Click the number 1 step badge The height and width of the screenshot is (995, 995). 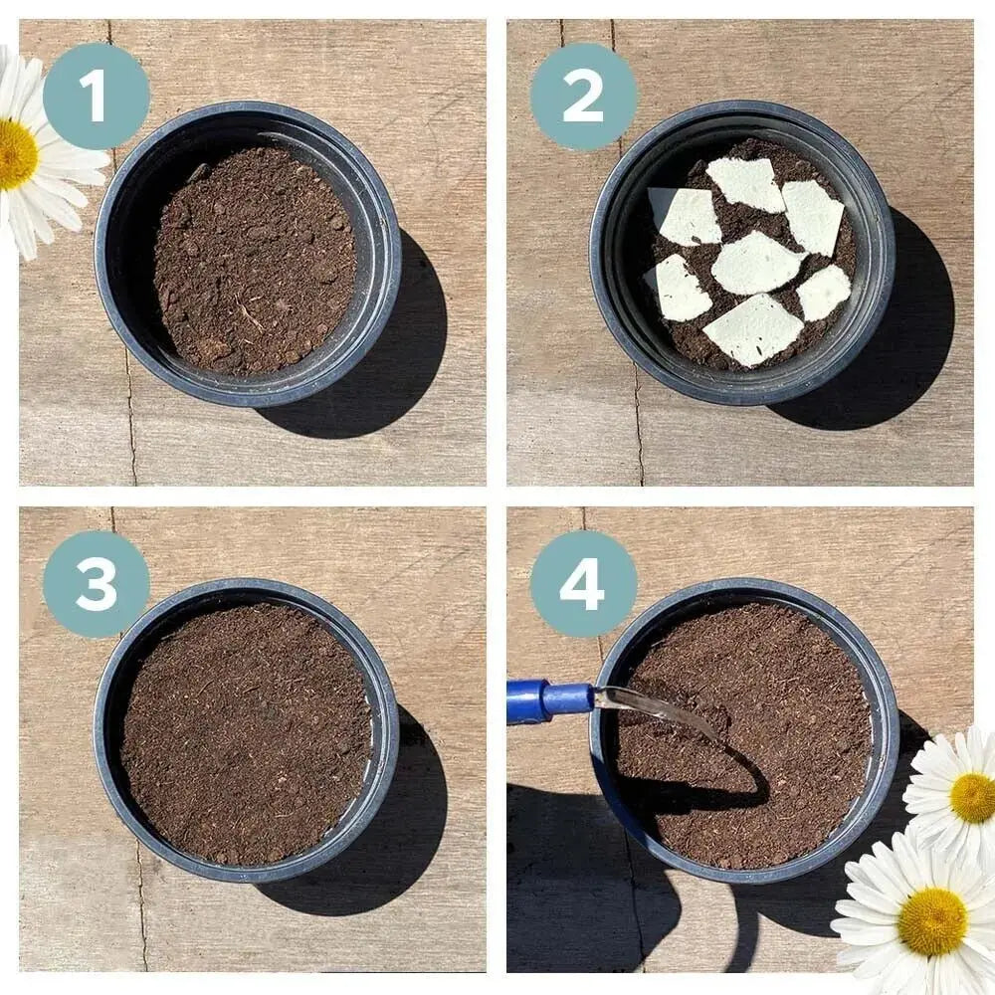point(96,96)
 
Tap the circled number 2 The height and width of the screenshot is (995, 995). point(583,96)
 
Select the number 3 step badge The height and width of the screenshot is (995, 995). point(96,583)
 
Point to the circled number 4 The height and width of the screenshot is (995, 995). point(583,583)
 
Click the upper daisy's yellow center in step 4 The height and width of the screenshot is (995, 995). point(971,797)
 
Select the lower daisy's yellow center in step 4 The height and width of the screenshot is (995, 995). point(931,921)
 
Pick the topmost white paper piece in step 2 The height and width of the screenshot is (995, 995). point(747,184)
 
